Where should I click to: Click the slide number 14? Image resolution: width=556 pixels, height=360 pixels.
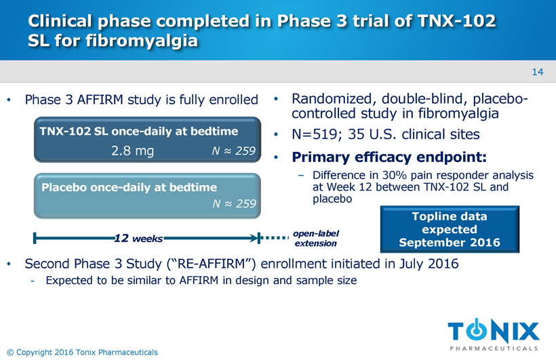pos(538,72)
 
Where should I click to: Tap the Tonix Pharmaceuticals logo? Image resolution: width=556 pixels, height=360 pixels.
pos(494,334)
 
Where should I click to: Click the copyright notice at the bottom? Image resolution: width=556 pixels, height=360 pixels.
pos(82,352)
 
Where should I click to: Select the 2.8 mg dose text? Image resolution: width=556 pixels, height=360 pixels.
pos(133,151)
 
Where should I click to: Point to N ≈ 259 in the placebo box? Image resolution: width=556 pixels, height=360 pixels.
pos(234,203)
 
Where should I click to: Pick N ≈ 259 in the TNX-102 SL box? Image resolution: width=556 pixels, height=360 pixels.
pos(234,151)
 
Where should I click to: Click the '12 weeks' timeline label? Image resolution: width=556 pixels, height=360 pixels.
pos(138,239)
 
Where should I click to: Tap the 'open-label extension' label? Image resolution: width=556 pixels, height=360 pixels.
pos(315,239)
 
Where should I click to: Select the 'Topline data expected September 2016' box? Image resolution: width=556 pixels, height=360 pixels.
pos(450,229)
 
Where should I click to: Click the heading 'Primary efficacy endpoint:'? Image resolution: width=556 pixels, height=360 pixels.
pos(389,157)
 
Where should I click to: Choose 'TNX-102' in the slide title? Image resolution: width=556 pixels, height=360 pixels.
pos(457,20)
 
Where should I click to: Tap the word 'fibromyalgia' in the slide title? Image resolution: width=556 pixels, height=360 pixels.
pos(142,41)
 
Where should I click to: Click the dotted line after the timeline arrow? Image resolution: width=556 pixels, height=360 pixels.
pos(275,238)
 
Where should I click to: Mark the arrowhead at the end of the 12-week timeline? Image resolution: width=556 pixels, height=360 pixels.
pos(255,238)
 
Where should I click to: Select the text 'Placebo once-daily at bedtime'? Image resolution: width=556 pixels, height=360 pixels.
pos(129,187)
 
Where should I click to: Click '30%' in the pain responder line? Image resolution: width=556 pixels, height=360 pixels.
pos(395,175)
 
